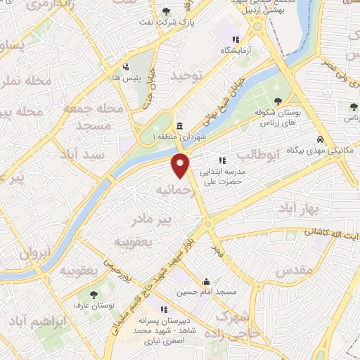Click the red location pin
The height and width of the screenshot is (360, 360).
click(x=181, y=165)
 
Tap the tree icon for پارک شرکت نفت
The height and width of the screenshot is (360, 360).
click(x=166, y=11)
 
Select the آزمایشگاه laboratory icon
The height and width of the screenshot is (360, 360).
click(x=237, y=40)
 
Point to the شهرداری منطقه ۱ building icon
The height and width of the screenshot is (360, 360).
click(x=181, y=126)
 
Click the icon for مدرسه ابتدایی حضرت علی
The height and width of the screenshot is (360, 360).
click(x=222, y=160)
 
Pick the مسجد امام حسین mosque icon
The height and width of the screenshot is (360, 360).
click(x=205, y=281)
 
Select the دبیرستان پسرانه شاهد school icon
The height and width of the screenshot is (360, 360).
click(x=164, y=309)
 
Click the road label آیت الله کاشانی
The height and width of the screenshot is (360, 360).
click(x=332, y=232)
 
